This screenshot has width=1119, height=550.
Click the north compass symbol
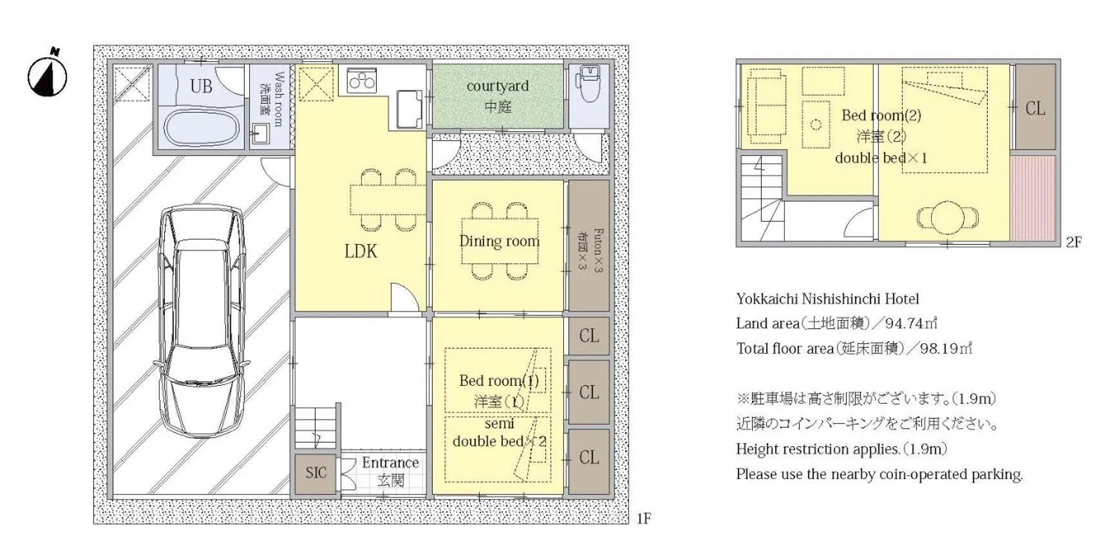47,75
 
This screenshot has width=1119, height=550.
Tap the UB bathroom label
201,86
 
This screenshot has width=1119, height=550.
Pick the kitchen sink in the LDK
409,109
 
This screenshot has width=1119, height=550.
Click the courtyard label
498,86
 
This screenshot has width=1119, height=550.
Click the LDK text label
361,251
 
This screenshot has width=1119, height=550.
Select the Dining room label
499,241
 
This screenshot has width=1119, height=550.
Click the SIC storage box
316,473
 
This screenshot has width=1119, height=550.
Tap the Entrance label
390,462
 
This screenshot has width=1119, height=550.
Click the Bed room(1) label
499,381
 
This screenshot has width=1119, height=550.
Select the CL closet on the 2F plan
1035,108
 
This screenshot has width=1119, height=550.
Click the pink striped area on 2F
1033,198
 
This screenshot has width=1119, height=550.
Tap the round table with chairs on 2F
947,217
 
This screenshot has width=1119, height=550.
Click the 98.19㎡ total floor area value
946,348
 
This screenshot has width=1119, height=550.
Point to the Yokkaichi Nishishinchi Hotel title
827,299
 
